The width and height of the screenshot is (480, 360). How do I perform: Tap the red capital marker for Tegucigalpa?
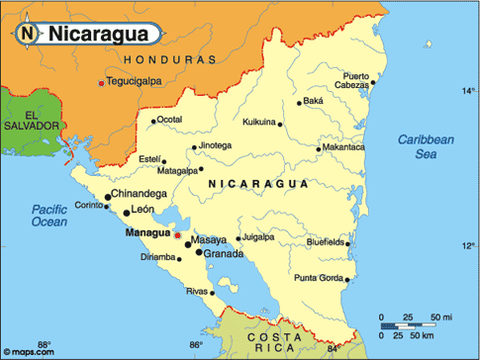pos(101,82)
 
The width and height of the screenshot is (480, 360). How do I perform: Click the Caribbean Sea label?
pos(426,146)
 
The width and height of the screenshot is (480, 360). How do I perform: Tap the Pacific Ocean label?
pos(48,216)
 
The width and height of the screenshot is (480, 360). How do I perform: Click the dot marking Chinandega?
pos(108,197)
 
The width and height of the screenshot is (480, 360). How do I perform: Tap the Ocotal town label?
pos(170,120)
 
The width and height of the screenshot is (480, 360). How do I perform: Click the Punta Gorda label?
pos(317,277)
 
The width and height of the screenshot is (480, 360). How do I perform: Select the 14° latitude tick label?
pos(468,91)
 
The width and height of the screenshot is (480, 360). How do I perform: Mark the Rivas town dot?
pos(214,292)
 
